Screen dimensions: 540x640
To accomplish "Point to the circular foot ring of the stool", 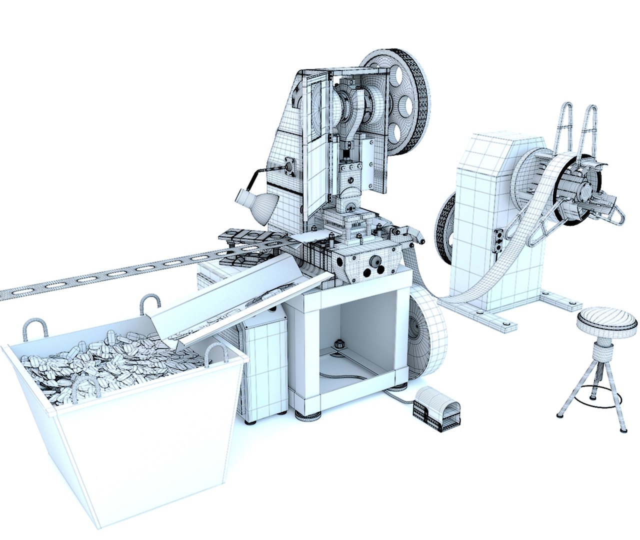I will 595,399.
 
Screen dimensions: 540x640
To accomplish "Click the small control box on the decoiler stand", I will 498,240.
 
